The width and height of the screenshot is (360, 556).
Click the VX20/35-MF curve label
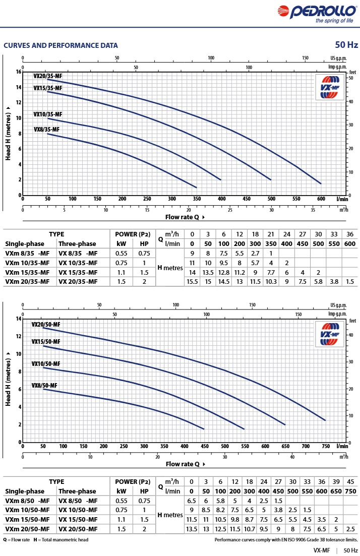[x=48, y=76]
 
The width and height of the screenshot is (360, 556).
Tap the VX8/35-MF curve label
[x=46, y=130]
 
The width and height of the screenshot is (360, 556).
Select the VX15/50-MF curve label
[x=46, y=342]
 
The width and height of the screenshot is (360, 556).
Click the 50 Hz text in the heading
[x=346, y=45]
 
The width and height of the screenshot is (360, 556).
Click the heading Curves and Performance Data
[x=61, y=45]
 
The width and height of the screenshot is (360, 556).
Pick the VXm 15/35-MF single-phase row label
[x=27, y=272]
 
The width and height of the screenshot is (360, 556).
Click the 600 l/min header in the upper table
[x=349, y=243]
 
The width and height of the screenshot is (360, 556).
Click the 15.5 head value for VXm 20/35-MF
[x=192, y=282]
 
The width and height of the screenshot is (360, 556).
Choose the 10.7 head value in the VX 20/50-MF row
[x=249, y=529]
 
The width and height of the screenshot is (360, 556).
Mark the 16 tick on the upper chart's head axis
[x=19, y=72]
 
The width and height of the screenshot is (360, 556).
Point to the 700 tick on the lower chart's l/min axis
[x=306, y=446]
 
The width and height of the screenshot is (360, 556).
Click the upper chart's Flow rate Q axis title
[x=186, y=217]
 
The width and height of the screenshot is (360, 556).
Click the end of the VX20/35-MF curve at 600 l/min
[x=321, y=183]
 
